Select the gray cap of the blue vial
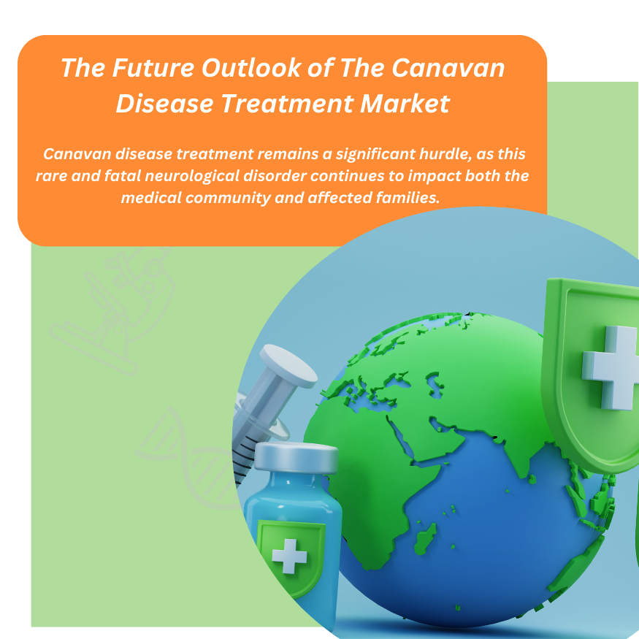pyautogui.click(x=295, y=458)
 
